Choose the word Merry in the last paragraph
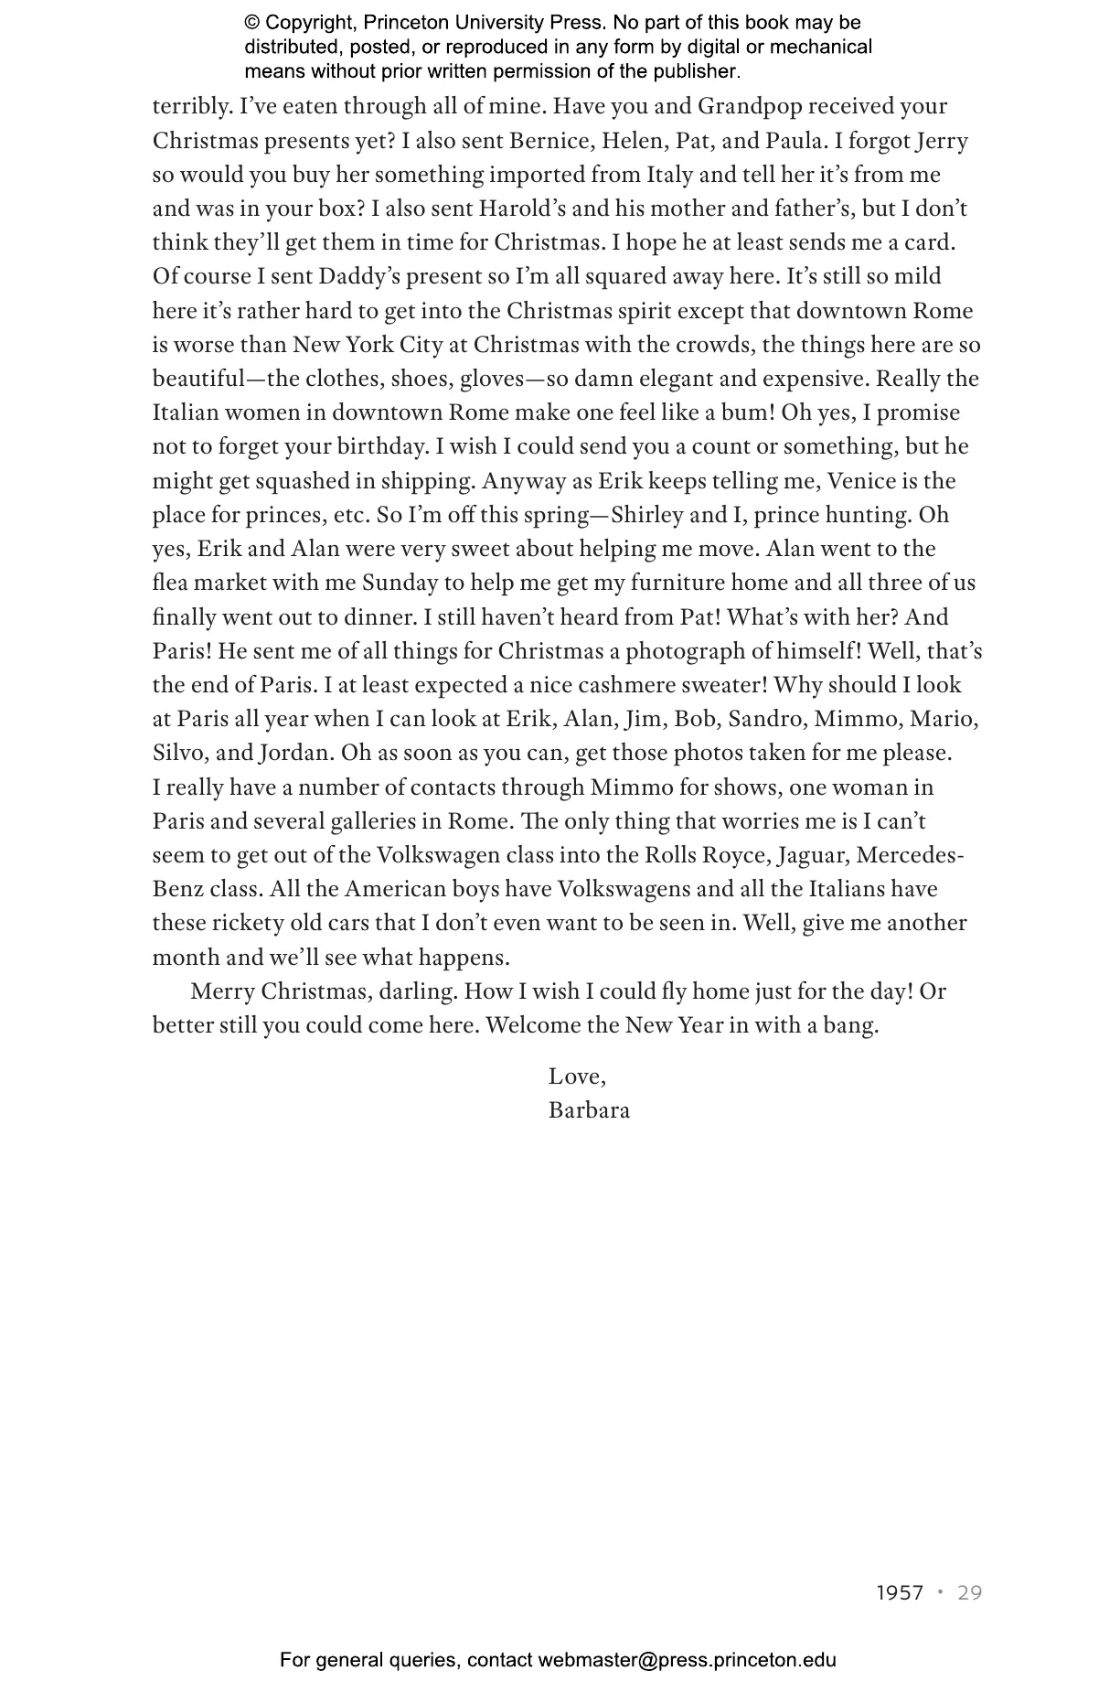point(222,991)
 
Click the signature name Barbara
point(589,1110)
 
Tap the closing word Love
point(576,1076)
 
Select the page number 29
point(969,1593)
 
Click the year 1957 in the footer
point(900,1593)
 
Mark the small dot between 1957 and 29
point(940,1592)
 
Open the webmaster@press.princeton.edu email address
point(687,1661)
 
